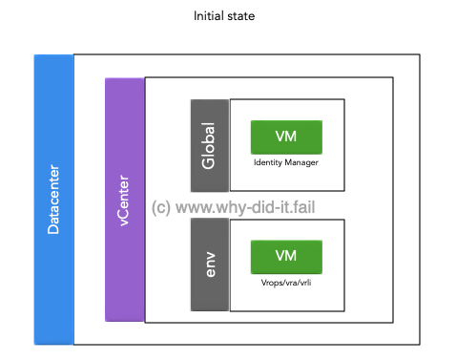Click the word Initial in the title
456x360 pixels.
(x=208, y=16)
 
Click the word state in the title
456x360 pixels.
(x=241, y=16)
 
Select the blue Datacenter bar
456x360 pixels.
(x=53, y=200)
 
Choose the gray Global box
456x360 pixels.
(x=209, y=145)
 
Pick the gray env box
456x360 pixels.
(x=209, y=264)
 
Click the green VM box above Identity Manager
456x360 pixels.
(x=285, y=138)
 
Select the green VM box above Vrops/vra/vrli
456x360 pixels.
(x=285, y=256)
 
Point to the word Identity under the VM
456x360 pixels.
(x=268, y=163)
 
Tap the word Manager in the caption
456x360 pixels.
(x=301, y=163)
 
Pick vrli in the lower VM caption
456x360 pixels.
(x=304, y=282)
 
